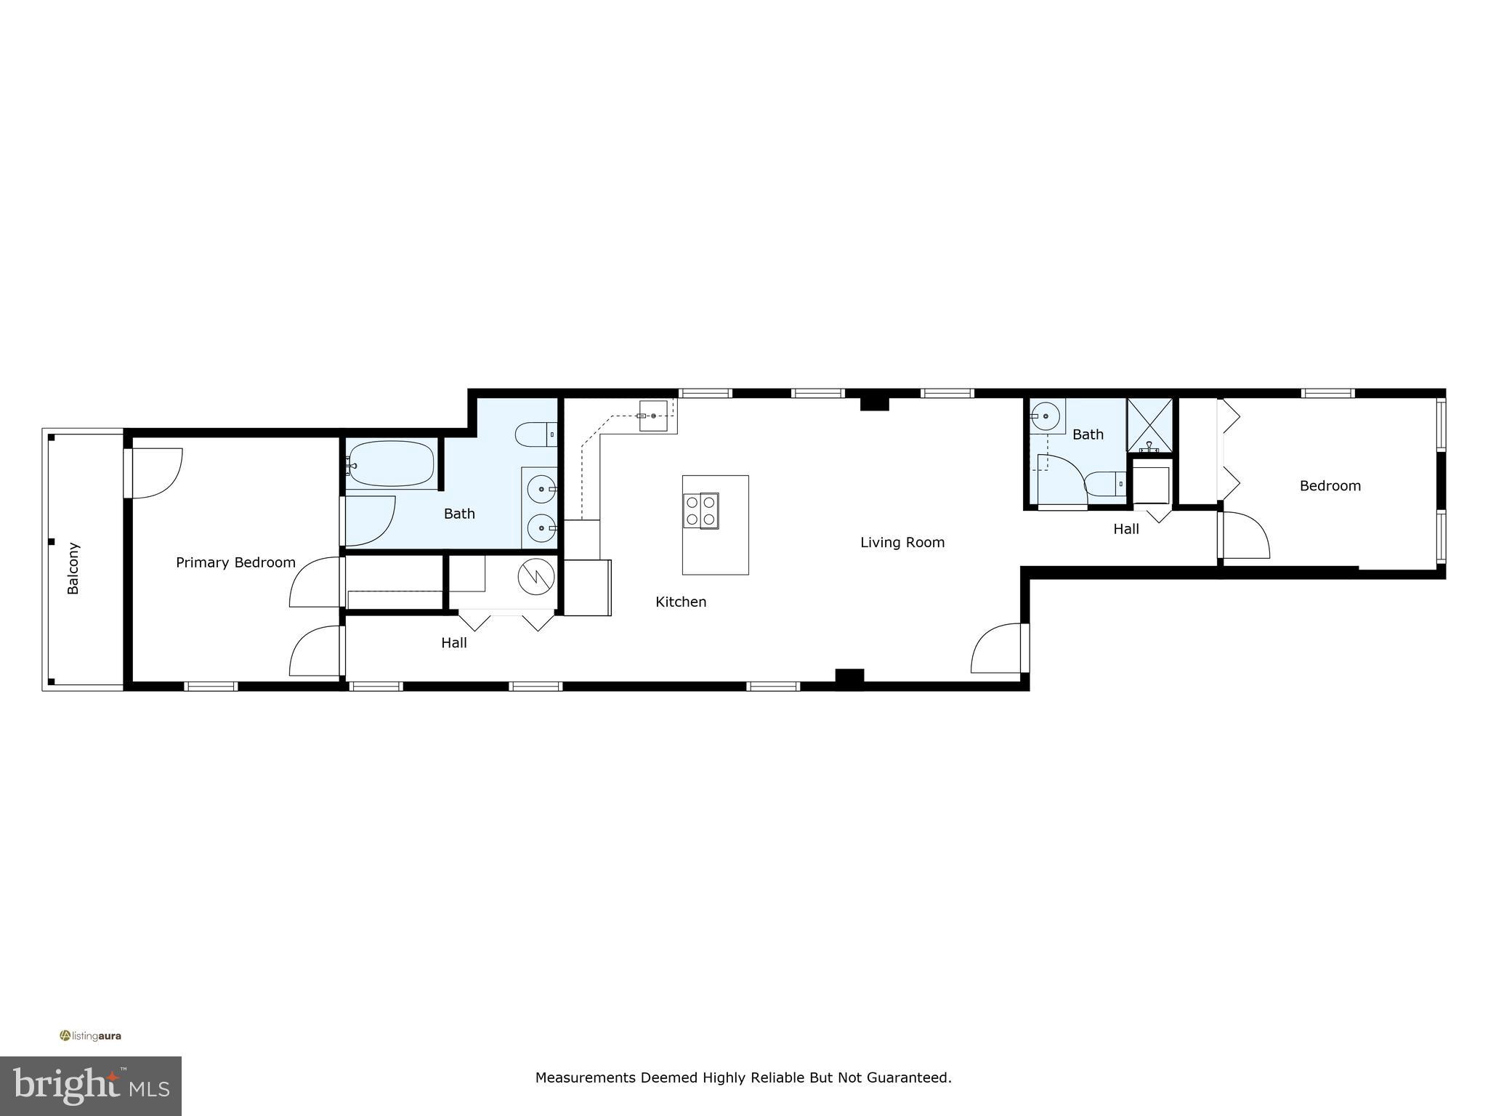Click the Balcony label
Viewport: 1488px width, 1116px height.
click(73, 568)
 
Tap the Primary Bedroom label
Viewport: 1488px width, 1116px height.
click(235, 562)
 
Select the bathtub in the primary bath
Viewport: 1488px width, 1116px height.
click(391, 464)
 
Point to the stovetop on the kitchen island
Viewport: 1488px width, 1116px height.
click(700, 509)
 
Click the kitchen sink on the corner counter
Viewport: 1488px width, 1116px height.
click(653, 416)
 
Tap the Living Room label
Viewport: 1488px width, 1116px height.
click(902, 542)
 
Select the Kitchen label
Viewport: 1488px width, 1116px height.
click(681, 602)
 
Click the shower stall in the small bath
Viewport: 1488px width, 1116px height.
click(1149, 425)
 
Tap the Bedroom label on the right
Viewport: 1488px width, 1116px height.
click(1330, 485)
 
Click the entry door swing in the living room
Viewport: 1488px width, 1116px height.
click(997, 648)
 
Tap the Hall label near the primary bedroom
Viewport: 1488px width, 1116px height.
click(454, 642)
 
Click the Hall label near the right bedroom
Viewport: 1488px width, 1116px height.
click(1125, 529)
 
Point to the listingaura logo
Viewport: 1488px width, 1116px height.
click(91, 1035)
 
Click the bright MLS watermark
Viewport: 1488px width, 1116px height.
click(91, 1086)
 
